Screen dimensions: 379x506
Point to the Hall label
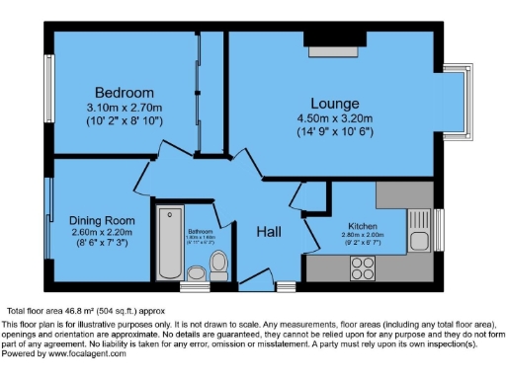pyautogui.click(x=270, y=232)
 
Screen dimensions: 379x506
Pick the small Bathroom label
pyautogui.click(x=200, y=232)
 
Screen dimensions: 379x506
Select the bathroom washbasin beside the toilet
pyautogui.click(x=196, y=272)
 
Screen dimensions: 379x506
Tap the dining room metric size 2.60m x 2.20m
pyautogui.click(x=101, y=232)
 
